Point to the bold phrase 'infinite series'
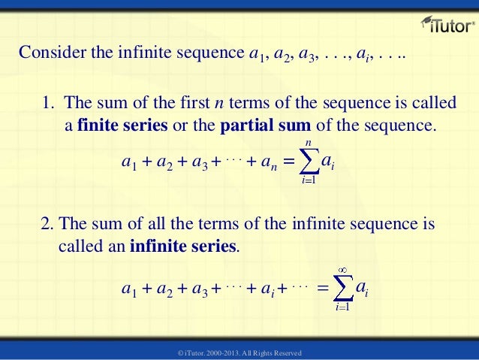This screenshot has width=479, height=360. (x=183, y=246)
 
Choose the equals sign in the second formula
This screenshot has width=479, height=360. (x=322, y=288)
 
